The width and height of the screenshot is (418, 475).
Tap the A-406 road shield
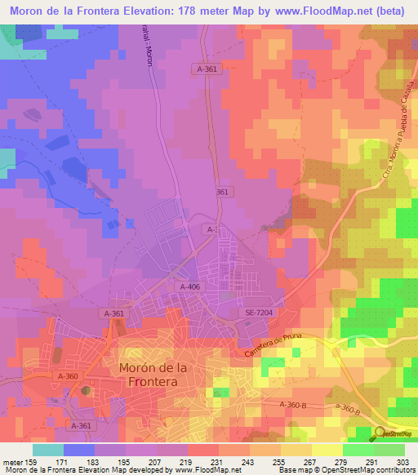[x=189, y=286]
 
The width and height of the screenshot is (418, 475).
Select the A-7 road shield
[x=211, y=231]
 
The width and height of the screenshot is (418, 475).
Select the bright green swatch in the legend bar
[x=358, y=450]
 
